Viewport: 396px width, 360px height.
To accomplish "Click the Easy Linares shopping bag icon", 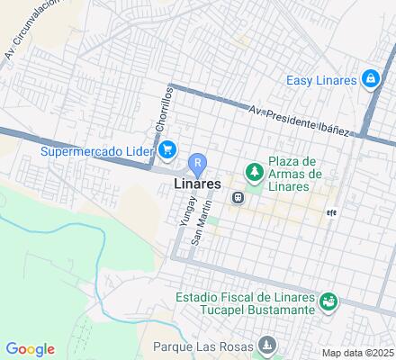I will [370, 79].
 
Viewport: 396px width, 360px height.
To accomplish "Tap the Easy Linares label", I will [322, 80].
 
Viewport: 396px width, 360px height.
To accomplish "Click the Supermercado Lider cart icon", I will [167, 150].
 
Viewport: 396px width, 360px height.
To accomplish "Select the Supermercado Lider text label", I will [97, 150].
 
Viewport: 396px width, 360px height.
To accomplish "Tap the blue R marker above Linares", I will [198, 164].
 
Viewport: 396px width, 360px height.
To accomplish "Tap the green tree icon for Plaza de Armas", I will [256, 172].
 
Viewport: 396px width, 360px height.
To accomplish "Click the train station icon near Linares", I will [238, 198].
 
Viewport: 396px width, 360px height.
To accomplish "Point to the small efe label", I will [330, 213].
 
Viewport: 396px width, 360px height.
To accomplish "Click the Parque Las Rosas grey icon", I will [267, 345].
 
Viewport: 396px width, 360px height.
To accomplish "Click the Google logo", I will [31, 349].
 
